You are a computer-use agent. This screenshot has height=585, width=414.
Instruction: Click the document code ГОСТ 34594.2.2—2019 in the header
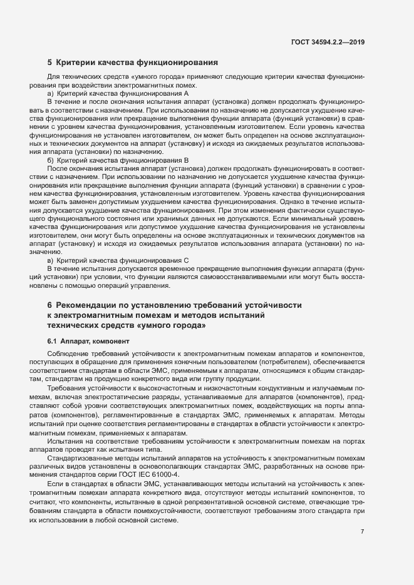tap(328, 42)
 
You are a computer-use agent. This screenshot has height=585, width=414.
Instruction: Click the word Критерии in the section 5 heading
tap(77, 63)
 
